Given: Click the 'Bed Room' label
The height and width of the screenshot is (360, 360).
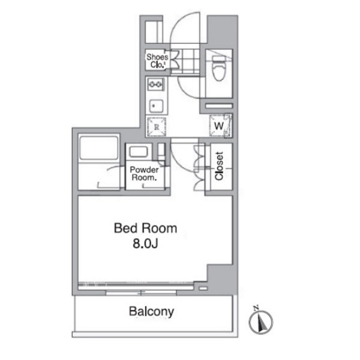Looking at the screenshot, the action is pyautogui.click(x=146, y=229).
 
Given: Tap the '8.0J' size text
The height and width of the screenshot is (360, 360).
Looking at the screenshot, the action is pyautogui.click(x=146, y=244).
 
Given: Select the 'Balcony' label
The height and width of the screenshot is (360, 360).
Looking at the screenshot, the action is pyautogui.click(x=151, y=312).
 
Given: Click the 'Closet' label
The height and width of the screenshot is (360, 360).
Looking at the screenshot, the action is pyautogui.click(x=219, y=166).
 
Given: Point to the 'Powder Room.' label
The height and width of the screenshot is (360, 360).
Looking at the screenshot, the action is pyautogui.click(x=144, y=173).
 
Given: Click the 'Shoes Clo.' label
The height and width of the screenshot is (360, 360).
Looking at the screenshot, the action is pyautogui.click(x=157, y=61).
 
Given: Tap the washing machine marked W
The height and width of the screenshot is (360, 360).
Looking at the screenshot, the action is pyautogui.click(x=220, y=126).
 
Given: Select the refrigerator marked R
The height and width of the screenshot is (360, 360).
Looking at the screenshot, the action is pyautogui.click(x=157, y=127).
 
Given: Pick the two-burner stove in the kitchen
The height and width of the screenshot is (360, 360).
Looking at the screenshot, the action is pyautogui.click(x=156, y=85).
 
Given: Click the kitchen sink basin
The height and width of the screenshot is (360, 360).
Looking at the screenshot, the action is pyautogui.click(x=156, y=106).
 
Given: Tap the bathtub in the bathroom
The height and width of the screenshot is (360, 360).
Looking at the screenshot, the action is pyautogui.click(x=99, y=148).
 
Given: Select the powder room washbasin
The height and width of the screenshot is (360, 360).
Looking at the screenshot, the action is pyautogui.click(x=138, y=152).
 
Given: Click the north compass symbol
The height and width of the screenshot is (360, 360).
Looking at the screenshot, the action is pyautogui.click(x=261, y=321).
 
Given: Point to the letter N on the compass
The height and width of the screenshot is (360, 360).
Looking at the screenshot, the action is pyautogui.click(x=256, y=308).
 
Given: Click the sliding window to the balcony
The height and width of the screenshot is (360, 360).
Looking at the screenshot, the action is pyautogui.click(x=141, y=293).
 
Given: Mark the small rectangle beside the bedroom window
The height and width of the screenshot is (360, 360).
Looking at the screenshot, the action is pyautogui.click(x=203, y=289).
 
